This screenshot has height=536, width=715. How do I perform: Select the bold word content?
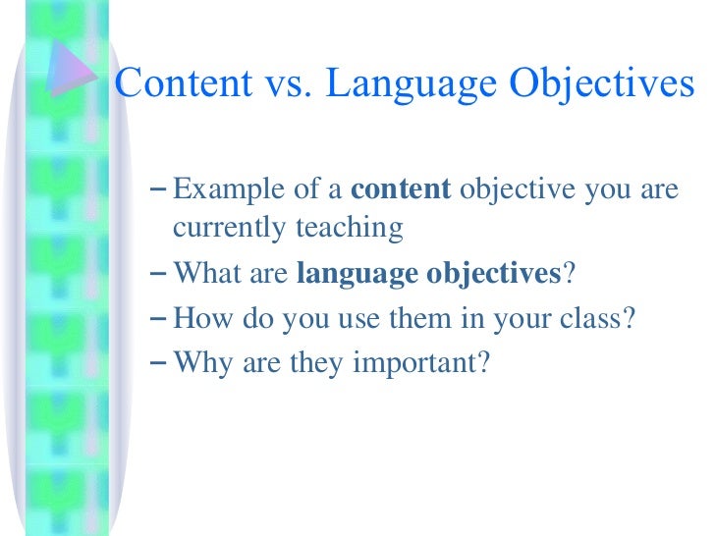[400, 189]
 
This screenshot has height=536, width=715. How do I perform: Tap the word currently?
[221, 229]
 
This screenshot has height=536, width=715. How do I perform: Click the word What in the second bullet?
[201, 274]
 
